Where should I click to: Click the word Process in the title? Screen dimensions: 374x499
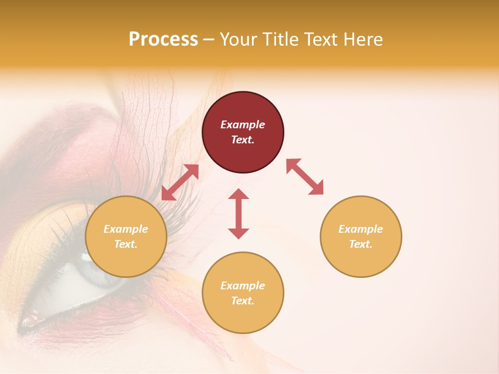[x=163, y=39]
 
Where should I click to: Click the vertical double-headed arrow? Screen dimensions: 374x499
[x=239, y=213]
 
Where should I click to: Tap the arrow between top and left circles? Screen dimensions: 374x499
[x=180, y=182]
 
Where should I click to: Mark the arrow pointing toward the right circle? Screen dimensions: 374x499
[x=305, y=177]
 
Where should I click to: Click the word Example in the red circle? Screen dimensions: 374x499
[x=243, y=125]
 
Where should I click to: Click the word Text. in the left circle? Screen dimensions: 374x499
[x=126, y=244]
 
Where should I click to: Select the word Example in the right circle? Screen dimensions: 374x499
[x=361, y=229]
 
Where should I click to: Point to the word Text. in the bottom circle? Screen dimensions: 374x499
[x=243, y=301]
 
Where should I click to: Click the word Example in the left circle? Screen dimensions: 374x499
[x=126, y=229]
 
